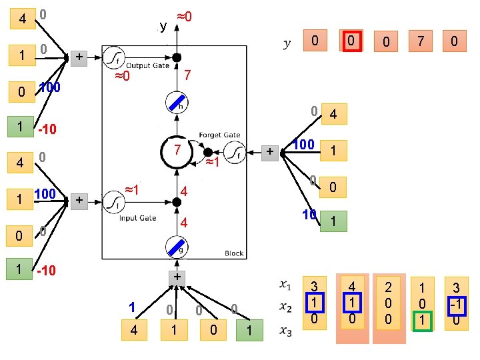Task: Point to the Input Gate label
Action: click(x=138, y=218)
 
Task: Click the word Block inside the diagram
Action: click(x=234, y=253)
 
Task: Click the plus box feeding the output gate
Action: click(x=79, y=57)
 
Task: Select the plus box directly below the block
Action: click(x=177, y=276)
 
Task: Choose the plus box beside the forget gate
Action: click(x=270, y=153)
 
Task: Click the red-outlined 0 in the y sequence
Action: click(x=350, y=41)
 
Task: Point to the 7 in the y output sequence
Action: click(x=420, y=41)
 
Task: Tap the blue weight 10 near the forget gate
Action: click(x=307, y=215)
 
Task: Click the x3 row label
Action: click(x=285, y=329)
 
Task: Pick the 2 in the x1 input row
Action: click(x=387, y=287)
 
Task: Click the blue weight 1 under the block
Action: click(x=133, y=307)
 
